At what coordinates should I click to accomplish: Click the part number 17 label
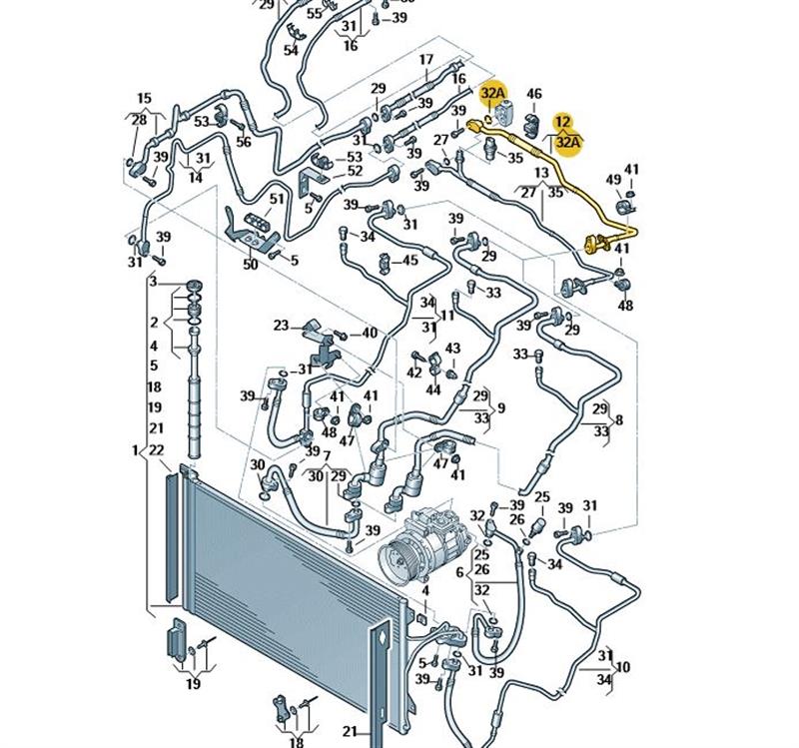[x=426, y=60]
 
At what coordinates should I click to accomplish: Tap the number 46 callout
[x=534, y=95]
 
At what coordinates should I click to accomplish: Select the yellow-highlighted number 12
[x=563, y=122]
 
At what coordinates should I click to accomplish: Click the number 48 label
[x=626, y=306]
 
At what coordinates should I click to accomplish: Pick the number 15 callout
[x=144, y=98]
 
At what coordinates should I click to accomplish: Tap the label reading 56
[x=244, y=142]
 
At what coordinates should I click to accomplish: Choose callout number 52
[x=355, y=172]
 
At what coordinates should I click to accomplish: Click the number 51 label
[x=276, y=199]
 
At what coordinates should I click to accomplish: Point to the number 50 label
[x=251, y=265]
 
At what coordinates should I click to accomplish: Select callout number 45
[x=409, y=261]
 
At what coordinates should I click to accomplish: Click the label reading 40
[x=370, y=333]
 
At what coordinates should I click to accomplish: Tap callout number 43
[x=452, y=349]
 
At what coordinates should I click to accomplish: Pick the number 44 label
[x=433, y=389]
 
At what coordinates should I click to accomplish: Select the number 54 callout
[x=292, y=50]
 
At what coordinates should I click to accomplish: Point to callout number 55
[x=315, y=14]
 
